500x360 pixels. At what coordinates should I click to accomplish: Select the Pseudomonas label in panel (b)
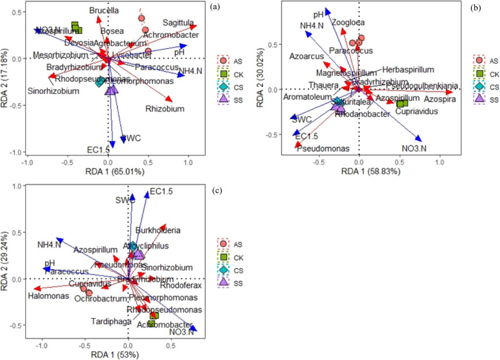coord(323,148)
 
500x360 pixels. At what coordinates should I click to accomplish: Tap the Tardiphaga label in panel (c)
coord(116,322)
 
